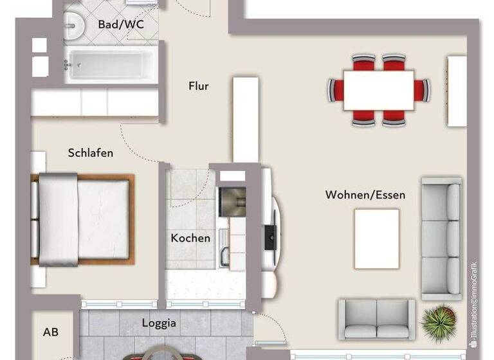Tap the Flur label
(199, 86)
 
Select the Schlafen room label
(91, 153)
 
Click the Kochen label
(190, 238)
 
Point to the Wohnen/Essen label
(365, 194)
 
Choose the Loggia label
(159, 323)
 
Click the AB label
(51, 332)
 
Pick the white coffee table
(376, 239)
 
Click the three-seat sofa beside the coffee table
(442, 238)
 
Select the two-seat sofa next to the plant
(377, 318)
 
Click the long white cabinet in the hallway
(245, 119)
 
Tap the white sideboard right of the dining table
(457, 91)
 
